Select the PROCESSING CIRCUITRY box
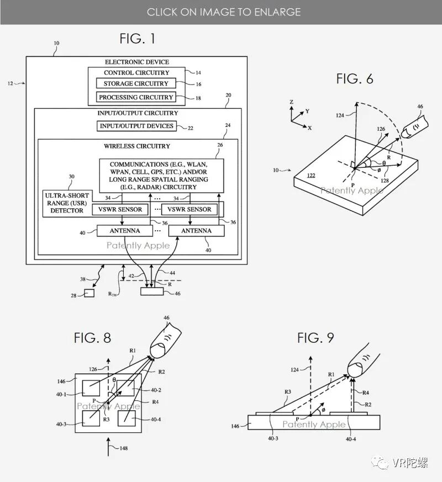(136, 97)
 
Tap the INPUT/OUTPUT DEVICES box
(136, 126)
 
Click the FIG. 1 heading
(138, 39)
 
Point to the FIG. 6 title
(355, 79)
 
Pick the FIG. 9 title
(315, 337)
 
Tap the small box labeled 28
(89, 293)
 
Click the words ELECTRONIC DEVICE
(137, 62)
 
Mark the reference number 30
(71, 177)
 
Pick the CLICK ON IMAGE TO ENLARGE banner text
(223, 12)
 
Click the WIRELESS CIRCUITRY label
(137, 146)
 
